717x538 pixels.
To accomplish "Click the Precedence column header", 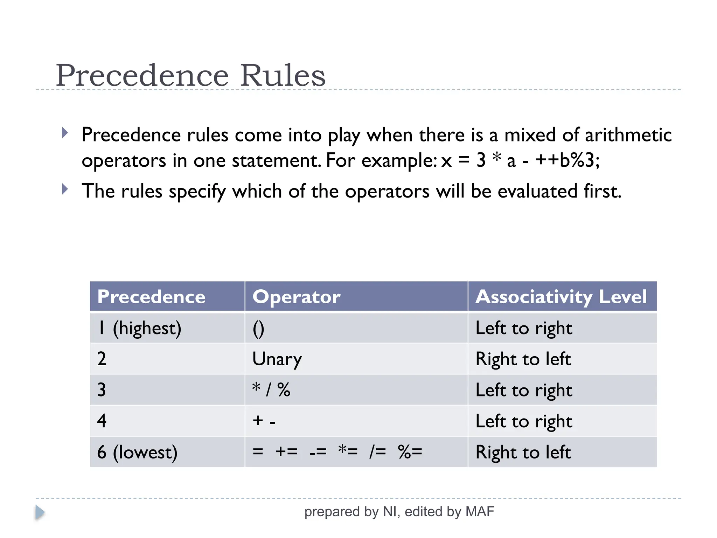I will [x=151, y=297].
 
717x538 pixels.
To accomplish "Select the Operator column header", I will [x=296, y=297].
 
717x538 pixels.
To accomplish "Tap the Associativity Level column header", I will [x=561, y=297].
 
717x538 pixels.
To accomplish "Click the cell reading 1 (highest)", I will [x=139, y=328].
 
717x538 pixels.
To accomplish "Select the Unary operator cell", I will [x=277, y=359].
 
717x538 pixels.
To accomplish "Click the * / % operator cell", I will [x=271, y=390].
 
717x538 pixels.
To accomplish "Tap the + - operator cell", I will [x=264, y=421].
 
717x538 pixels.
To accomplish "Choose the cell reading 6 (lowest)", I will [x=137, y=452].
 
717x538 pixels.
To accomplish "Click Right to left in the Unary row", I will [x=523, y=359].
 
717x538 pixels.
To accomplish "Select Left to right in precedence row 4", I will [x=524, y=421].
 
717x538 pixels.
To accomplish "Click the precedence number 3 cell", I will [x=102, y=390].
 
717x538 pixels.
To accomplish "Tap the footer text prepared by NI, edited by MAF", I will [x=399, y=512].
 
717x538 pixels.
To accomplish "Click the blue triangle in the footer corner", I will [x=40, y=512].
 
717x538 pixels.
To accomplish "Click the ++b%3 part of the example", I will [x=567, y=160].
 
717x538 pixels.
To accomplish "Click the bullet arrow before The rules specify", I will [x=65, y=189].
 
